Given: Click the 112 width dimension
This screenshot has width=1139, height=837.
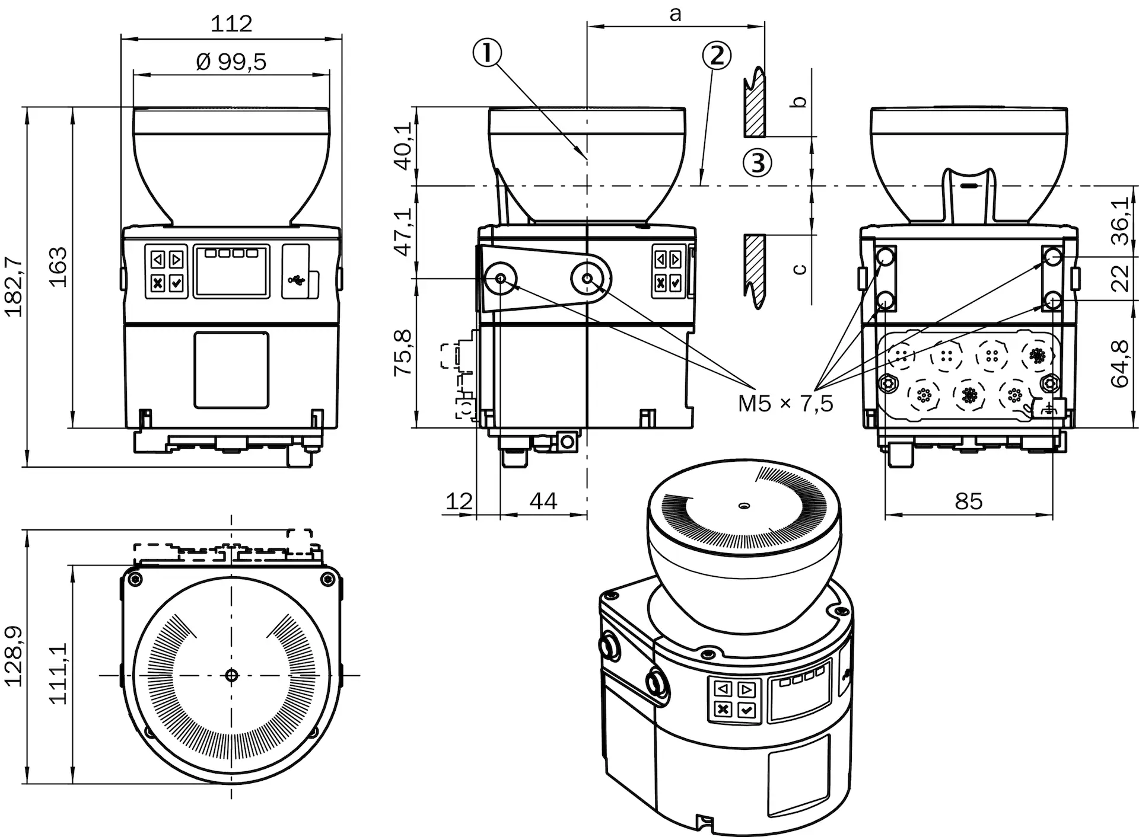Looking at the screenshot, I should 231,24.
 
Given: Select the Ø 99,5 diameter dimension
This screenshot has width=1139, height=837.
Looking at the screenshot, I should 231,61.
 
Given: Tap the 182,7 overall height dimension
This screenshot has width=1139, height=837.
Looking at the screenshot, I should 13,287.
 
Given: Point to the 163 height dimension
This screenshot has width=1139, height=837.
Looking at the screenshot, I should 58,267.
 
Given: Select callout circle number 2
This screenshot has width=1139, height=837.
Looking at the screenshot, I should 717,56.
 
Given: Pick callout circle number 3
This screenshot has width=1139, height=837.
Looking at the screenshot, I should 758,162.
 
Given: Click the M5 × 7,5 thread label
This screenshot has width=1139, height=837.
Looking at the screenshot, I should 785,404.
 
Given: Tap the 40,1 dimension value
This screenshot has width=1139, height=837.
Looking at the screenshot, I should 404,146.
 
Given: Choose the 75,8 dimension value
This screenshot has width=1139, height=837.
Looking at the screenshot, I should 404,353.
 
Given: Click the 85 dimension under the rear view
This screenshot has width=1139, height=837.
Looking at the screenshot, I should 968,501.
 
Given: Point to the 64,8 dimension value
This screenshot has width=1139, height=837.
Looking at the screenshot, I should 1120,364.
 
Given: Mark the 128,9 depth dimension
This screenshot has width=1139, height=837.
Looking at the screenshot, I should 13,656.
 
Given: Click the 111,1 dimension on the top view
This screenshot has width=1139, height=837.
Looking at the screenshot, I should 58,673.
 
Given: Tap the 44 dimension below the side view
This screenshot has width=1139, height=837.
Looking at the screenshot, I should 543,501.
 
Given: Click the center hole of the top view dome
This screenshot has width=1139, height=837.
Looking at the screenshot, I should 231,675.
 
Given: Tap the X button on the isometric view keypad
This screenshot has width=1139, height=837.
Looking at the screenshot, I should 723,708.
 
